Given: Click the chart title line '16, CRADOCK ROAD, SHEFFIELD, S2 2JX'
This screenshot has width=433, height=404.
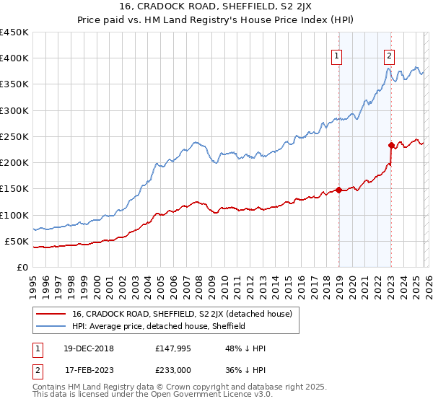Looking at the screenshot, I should tap(216, 6).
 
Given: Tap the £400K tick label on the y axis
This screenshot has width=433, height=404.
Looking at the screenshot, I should tap(14, 58).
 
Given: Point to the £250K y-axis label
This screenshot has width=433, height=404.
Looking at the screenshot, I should tap(14, 136).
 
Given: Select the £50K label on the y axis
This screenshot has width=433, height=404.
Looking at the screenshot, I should tap(17, 241).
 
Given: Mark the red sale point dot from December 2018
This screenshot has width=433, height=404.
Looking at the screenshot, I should tap(338, 190).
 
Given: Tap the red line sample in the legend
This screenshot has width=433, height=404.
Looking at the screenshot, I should tap(51, 314).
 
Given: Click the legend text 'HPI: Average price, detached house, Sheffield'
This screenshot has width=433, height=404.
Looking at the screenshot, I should tap(159, 326).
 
